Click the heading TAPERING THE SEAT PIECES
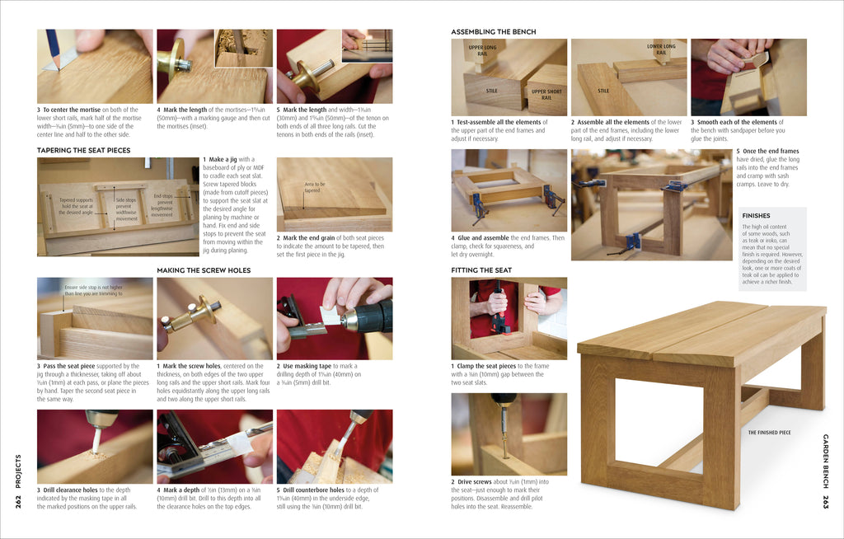[83, 151]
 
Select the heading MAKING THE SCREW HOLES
[204, 270]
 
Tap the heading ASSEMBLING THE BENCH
[493, 32]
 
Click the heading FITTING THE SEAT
[481, 270]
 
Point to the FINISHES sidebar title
[756, 216]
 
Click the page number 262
[18, 501]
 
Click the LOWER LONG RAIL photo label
[661, 49]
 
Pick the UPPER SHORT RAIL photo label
[546, 94]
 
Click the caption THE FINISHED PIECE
[768, 432]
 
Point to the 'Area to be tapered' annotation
[314, 187]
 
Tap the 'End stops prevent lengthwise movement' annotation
[163, 205]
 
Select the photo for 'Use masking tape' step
[334, 318]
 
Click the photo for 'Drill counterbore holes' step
[334, 446]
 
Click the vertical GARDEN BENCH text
[825, 462]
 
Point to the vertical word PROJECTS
[18, 470]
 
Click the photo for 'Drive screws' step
[509, 434]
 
